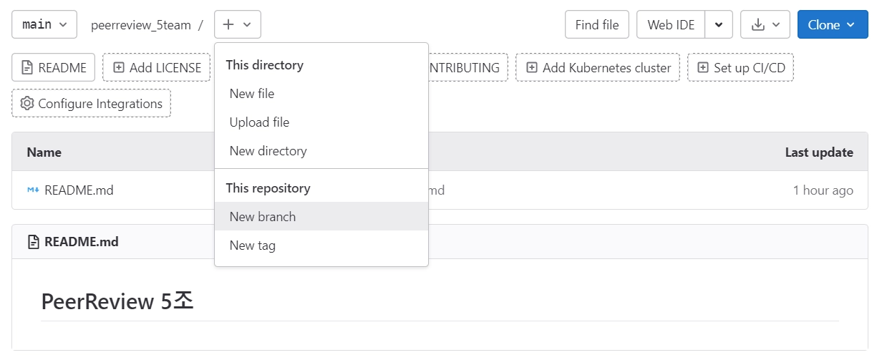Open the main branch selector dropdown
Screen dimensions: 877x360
click(x=44, y=25)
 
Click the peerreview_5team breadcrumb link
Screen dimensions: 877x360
click(x=141, y=25)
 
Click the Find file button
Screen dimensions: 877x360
click(x=596, y=25)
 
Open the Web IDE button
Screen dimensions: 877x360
click(x=670, y=25)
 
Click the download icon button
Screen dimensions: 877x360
click(x=765, y=25)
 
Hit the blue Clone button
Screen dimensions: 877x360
click(x=832, y=25)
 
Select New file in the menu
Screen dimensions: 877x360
click(x=252, y=94)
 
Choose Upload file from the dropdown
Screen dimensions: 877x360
click(x=259, y=122)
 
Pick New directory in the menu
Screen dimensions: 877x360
click(x=268, y=151)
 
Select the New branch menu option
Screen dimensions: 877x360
click(x=262, y=217)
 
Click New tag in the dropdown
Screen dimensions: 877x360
click(x=252, y=245)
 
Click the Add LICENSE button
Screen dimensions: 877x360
click(x=157, y=68)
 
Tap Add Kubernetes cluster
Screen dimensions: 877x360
click(x=598, y=68)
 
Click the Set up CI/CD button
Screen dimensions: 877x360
click(x=740, y=68)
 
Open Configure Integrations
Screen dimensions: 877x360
click(x=92, y=104)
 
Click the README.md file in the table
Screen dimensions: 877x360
click(x=79, y=190)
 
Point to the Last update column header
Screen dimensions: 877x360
click(x=818, y=152)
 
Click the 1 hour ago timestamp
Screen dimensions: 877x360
click(x=823, y=190)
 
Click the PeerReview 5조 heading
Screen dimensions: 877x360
click(x=117, y=301)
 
